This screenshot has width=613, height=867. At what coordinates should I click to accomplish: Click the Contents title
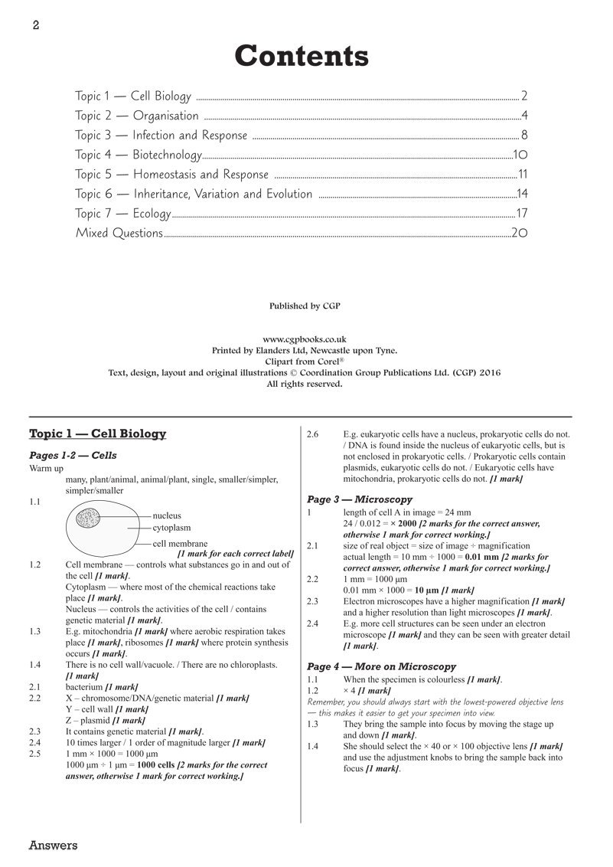302,56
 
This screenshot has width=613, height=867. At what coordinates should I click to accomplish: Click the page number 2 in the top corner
35,25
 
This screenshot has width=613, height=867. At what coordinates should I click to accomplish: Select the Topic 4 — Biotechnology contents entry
138,155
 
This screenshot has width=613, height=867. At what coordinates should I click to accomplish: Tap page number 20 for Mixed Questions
519,233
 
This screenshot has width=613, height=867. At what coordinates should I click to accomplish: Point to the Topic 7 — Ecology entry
122,214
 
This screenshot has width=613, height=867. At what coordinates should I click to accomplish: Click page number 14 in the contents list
522,194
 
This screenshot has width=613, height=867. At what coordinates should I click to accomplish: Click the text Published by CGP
305,306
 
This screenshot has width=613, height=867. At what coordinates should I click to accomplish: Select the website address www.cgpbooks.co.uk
305,339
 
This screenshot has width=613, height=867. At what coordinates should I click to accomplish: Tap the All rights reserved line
305,384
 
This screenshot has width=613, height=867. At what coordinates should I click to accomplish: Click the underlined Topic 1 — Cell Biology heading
97,434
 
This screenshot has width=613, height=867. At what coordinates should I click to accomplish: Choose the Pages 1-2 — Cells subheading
73,455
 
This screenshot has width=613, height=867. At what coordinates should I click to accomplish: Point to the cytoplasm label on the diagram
171,528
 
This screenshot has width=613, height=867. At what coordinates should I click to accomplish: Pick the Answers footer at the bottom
53,846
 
